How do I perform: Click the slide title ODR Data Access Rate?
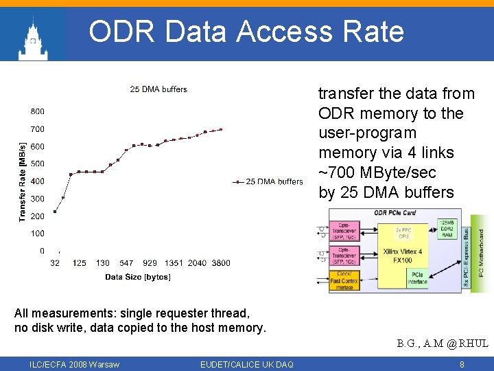[246, 32]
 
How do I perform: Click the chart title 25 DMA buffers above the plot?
[158, 89]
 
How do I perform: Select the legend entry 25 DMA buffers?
[274, 181]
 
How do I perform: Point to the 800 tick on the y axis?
[38, 111]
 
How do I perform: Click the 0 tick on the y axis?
[42, 251]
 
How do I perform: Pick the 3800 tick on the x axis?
[221, 263]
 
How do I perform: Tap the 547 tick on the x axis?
[126, 263]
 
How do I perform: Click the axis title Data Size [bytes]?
[138, 277]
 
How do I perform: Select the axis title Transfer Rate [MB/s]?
[23, 181]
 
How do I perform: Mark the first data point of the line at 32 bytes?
[55, 212]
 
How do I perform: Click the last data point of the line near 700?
[221, 129]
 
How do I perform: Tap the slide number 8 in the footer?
[462, 364]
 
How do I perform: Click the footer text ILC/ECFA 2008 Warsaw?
[74, 364]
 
